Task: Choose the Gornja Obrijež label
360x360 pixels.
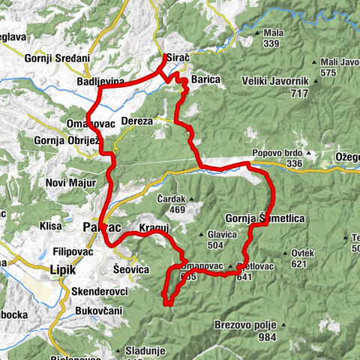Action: tap(63, 139)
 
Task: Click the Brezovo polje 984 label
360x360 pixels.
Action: tap(247, 331)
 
